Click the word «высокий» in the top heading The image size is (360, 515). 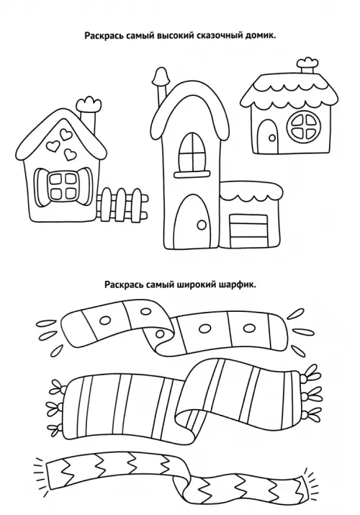(x=176, y=36)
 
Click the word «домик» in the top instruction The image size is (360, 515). (x=260, y=36)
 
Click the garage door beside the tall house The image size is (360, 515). (x=248, y=231)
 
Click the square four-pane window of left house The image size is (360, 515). (x=62, y=187)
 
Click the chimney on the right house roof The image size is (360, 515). (x=307, y=67)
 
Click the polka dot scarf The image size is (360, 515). (x=174, y=329)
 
